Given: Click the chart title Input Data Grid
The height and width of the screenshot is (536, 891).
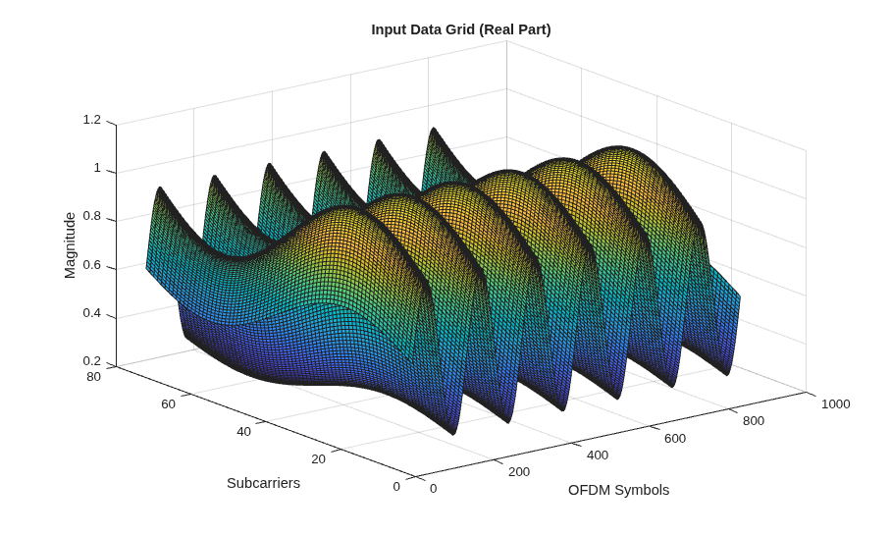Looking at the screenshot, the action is (x=423, y=29).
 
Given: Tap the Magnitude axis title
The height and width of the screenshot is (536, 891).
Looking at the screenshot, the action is (x=70, y=245).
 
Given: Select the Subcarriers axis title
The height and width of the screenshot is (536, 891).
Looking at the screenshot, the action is (x=263, y=483).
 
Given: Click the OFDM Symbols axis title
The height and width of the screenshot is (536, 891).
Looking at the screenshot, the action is (x=618, y=490).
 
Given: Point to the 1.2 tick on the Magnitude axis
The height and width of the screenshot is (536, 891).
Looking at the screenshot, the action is (x=91, y=120).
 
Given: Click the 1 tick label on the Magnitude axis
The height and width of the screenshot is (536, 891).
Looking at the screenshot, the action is (x=97, y=168).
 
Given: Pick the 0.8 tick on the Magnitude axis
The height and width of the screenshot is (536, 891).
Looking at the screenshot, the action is (x=91, y=217).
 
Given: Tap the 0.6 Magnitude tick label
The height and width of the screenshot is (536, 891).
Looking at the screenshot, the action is (x=91, y=265).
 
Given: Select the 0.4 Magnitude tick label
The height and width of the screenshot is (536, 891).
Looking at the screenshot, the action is (x=91, y=313).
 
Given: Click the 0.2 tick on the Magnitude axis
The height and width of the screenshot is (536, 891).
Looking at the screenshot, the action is (x=91, y=361).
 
